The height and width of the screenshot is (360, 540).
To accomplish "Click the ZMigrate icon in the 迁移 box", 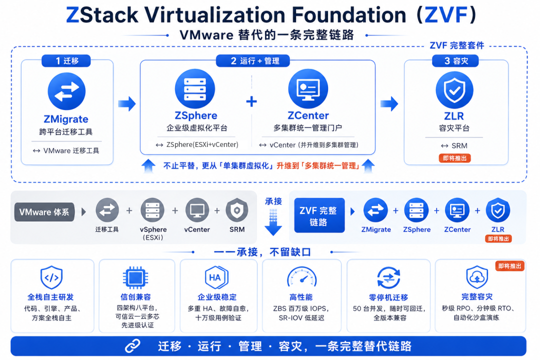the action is (x=67, y=91).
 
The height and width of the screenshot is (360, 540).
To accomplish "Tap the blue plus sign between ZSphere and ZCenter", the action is (x=251, y=101).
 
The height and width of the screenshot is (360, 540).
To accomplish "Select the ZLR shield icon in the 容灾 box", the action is (x=454, y=90).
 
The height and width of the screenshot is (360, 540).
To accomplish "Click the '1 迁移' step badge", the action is (x=66, y=61).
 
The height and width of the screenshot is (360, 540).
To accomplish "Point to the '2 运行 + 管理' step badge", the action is (x=253, y=61).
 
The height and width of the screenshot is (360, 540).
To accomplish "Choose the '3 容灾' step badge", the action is (x=455, y=61).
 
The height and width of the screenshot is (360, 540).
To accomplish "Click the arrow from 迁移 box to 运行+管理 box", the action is (x=127, y=103).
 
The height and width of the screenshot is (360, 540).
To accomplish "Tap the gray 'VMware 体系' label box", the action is (x=44, y=212).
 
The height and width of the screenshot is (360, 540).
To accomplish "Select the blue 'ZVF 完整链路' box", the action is (x=319, y=215).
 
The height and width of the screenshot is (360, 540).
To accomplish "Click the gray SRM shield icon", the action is (x=237, y=210).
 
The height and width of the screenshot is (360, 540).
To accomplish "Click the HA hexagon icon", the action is (x=216, y=277).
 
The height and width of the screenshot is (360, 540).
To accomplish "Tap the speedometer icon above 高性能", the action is (x=301, y=277).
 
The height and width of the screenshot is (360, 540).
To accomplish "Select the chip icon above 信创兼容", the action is (x=135, y=277).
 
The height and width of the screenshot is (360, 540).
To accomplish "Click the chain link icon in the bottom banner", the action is (x=132, y=346).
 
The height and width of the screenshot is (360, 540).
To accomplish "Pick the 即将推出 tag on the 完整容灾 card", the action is (x=509, y=266).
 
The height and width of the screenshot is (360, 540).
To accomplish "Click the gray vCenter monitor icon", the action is (x=197, y=210).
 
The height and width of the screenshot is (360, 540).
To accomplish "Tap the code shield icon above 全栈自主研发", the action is (x=51, y=277).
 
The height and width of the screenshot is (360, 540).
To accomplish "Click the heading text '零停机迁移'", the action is (x=388, y=297).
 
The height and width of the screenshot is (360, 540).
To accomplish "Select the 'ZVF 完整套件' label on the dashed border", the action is (x=456, y=45).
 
